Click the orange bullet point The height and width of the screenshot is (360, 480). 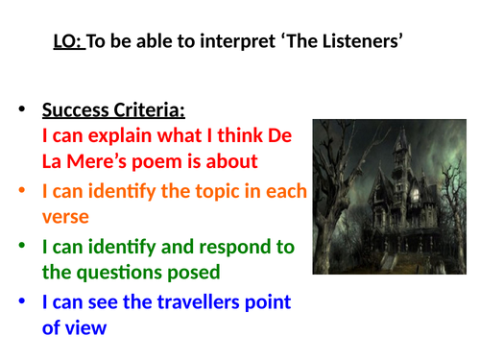coord(22,191)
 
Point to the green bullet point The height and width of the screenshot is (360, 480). coord(22,247)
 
